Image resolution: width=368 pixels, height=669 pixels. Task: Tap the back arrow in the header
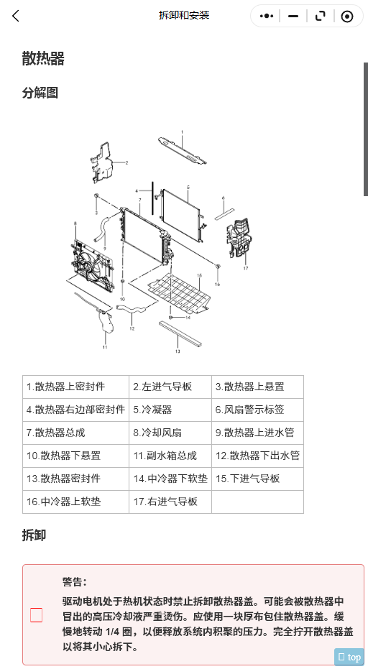pyautogui.click(x=16, y=17)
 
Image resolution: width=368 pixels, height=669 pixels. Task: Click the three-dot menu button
pyautogui.click(x=267, y=17)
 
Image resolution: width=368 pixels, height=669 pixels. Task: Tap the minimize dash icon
pyautogui.click(x=293, y=17)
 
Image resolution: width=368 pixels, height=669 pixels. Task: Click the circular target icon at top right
pyautogui.click(x=347, y=17)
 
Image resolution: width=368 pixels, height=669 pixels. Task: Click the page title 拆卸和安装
pyautogui.click(x=184, y=16)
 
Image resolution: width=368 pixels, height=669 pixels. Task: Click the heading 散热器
pyautogui.click(x=43, y=58)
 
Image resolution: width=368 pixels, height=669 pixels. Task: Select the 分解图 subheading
pyautogui.click(x=40, y=93)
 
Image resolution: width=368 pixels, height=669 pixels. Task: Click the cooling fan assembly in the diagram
pyautogui.click(x=92, y=264)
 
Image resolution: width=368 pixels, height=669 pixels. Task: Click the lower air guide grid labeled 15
pyautogui.click(x=179, y=292)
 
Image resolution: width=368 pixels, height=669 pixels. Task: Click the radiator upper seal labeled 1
pyautogui.click(x=183, y=150)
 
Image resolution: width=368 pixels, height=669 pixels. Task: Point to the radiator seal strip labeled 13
pyautogui.click(x=180, y=333)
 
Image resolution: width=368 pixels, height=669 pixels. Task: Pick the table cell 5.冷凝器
pyautogui.click(x=170, y=410)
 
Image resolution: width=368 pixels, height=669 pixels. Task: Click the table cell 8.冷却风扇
pyautogui.click(x=170, y=433)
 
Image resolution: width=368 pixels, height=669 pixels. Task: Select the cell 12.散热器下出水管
pyautogui.click(x=257, y=456)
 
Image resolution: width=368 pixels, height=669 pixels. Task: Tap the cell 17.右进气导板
pyautogui.click(x=170, y=502)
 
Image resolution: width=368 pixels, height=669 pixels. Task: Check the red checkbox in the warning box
pyautogui.click(x=36, y=615)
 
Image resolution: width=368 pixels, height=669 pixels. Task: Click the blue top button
pyautogui.click(x=349, y=657)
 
